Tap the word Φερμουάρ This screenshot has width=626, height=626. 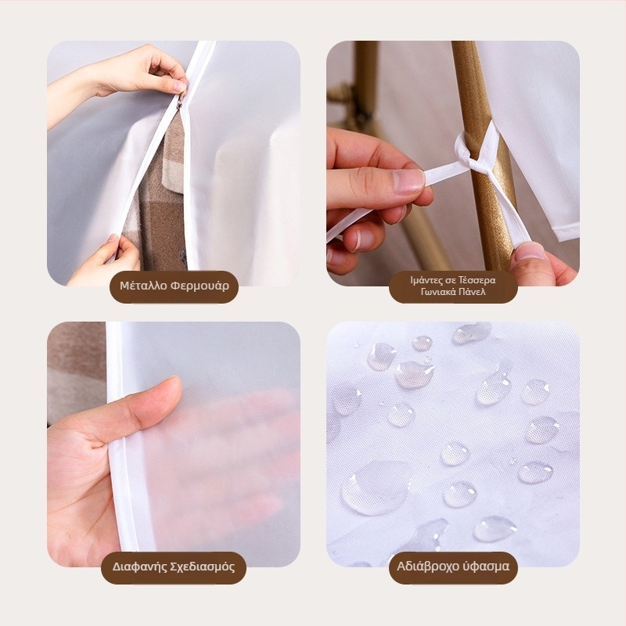200,286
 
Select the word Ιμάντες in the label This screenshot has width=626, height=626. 427,280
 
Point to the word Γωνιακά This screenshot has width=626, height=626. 437,292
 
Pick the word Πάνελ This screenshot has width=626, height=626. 472,291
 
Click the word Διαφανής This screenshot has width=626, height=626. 139,567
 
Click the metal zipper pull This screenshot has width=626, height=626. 181,101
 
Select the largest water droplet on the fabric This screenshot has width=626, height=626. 376,487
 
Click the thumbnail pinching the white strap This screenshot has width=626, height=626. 408,182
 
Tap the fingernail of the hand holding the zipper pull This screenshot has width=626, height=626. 180,87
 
